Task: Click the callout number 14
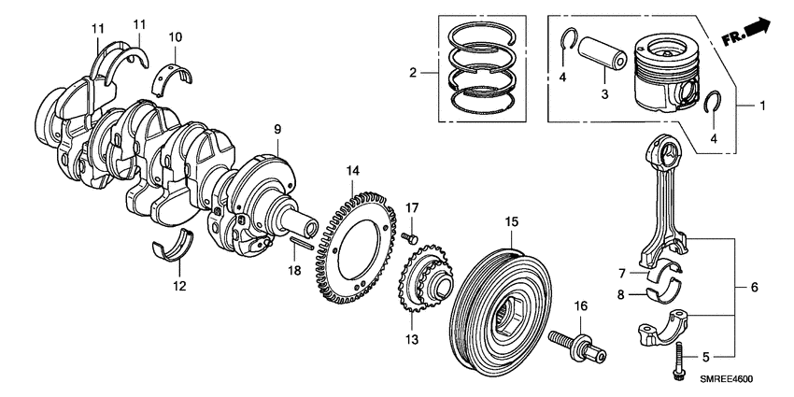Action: [352, 171]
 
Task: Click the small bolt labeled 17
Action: [409, 238]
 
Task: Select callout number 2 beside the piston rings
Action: [409, 72]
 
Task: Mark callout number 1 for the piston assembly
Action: [761, 106]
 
